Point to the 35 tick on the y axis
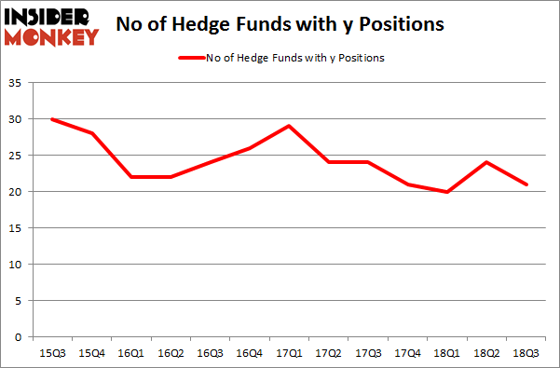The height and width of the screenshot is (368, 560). coord(19,84)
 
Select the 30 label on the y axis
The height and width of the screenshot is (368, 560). coord(19,120)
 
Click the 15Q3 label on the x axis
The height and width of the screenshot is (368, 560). coord(51,353)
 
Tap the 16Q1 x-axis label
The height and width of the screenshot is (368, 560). coord(132,353)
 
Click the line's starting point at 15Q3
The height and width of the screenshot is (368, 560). coord(52,119)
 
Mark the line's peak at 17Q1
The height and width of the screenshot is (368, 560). coord(291,127)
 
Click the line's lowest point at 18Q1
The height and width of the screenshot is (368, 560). coord(449,192)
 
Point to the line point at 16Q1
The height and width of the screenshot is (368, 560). coord(131,177)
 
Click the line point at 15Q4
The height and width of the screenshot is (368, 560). coord(92,134)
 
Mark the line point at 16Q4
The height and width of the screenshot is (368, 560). coord(251,148)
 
